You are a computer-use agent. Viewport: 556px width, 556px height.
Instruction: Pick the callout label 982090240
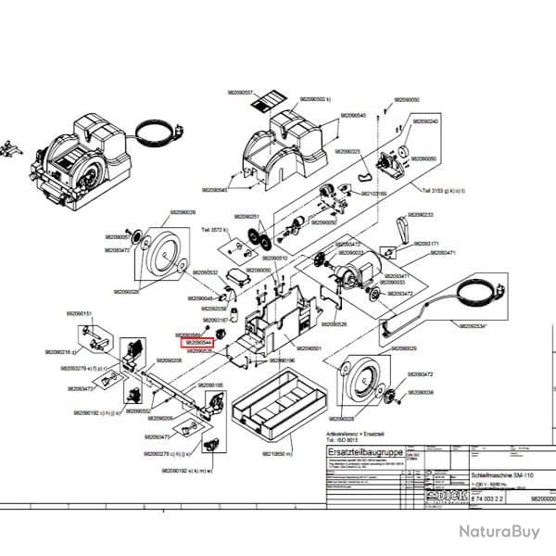pyautogui.click(x=425, y=121)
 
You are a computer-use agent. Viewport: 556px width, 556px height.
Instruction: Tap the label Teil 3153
pyautogui.click(x=437, y=192)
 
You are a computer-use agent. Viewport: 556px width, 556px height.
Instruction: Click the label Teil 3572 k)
pyautogui.click(x=213, y=229)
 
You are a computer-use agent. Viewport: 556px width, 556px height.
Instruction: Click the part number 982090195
pyautogui.click(x=206, y=385)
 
